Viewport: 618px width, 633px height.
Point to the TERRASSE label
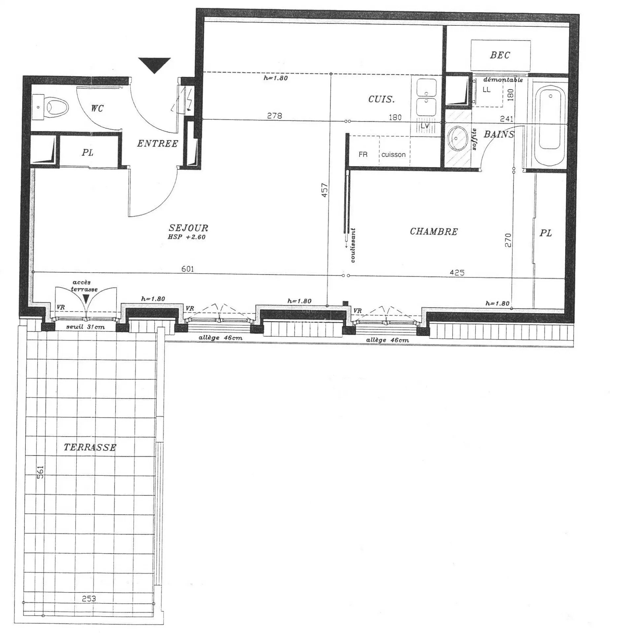point(90,447)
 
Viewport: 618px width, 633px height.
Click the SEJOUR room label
point(188,228)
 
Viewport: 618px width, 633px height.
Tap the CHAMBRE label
point(434,232)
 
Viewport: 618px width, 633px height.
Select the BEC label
point(500,55)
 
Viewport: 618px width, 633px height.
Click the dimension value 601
point(187,269)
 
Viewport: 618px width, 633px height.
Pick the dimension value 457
point(324,190)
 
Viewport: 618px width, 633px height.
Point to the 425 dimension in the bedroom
point(457,272)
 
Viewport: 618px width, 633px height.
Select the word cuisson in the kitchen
point(394,155)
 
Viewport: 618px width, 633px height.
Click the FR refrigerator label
point(363,154)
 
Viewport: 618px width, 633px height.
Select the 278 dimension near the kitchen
point(275,116)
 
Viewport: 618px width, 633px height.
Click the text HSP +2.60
point(187,237)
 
